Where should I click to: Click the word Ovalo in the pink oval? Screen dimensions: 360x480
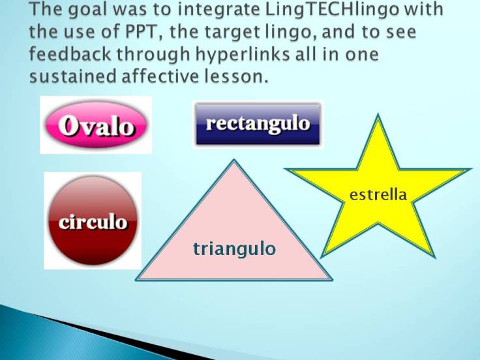(x=97, y=125)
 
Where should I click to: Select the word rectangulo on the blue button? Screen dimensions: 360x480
(x=258, y=123)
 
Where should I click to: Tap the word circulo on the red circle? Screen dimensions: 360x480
(x=93, y=222)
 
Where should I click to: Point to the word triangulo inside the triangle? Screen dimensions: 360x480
(x=234, y=248)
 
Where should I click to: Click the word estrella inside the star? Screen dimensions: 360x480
(x=378, y=194)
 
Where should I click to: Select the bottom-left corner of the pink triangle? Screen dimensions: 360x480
(x=137, y=280)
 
